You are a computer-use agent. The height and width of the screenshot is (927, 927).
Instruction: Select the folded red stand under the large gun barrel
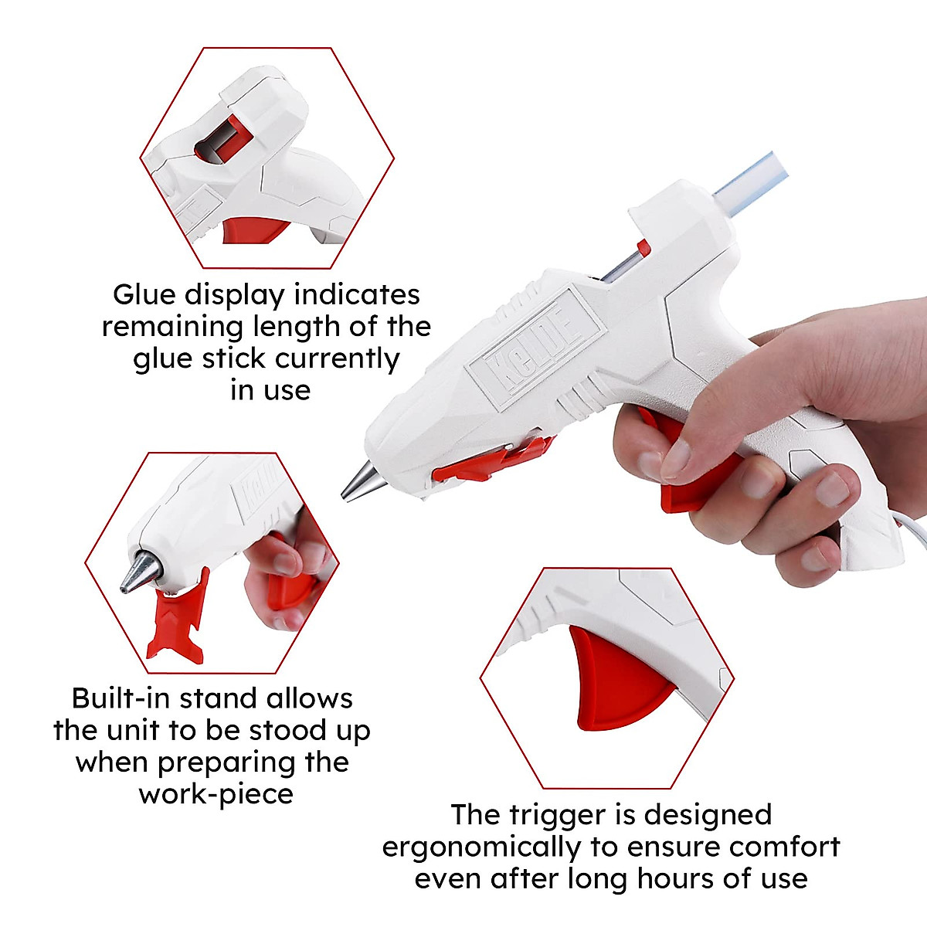click(x=494, y=459)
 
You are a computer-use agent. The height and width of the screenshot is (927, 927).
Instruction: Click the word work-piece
click(x=216, y=794)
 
